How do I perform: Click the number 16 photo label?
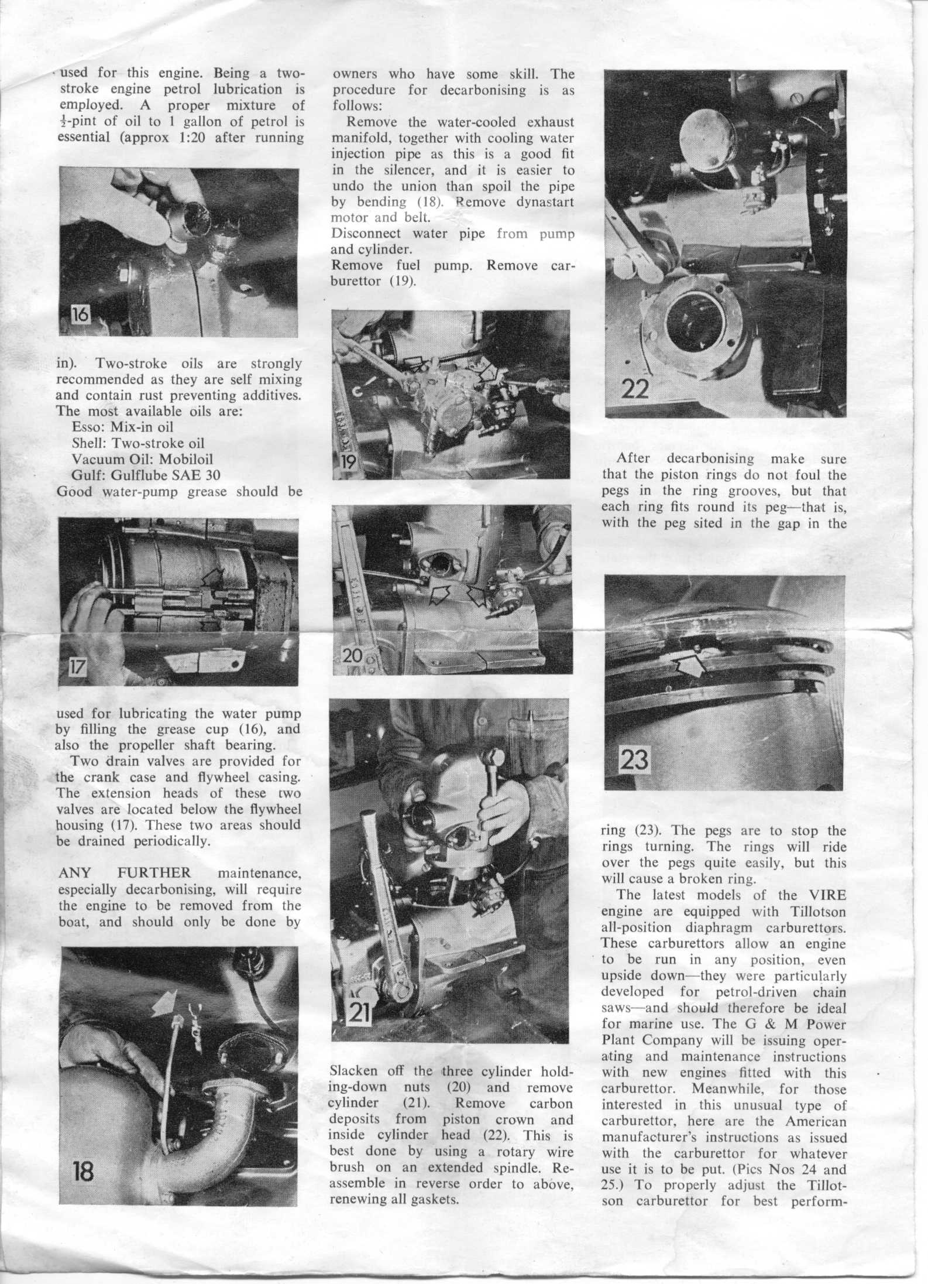[80, 315]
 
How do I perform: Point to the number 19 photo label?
[348, 463]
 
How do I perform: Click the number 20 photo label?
[352, 655]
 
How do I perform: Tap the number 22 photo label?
[634, 388]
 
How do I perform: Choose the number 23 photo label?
[634, 759]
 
